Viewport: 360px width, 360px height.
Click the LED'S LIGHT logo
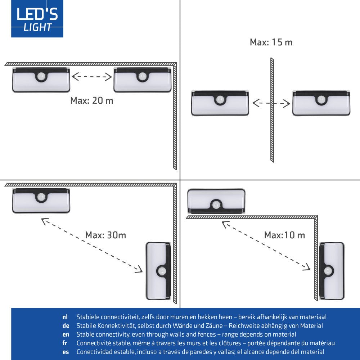pyautogui.click(x=37, y=18)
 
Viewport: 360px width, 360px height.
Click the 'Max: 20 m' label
pyautogui.click(x=91, y=100)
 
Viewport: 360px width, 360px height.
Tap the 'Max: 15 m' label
pyautogui.click(x=271, y=42)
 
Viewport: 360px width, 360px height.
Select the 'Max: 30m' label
pyautogui.click(x=105, y=235)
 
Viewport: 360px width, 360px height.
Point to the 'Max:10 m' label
pyautogui.click(x=284, y=235)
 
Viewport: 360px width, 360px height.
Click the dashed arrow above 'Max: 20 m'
pyautogui.click(x=92, y=76)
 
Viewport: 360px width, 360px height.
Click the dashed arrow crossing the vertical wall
pyautogui.click(x=271, y=104)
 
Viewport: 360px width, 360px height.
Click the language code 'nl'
pyautogui.click(x=65, y=317)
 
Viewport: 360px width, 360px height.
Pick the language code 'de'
pyautogui.click(x=65, y=326)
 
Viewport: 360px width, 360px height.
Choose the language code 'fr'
pyautogui.click(x=64, y=343)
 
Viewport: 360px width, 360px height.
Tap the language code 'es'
pyautogui.click(x=65, y=352)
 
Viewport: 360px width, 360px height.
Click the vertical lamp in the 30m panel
pyautogui.click(x=158, y=271)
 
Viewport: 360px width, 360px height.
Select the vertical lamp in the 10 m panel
pyautogui.click(x=332, y=271)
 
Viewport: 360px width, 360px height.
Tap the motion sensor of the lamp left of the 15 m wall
pyautogui.click(x=220, y=99)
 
